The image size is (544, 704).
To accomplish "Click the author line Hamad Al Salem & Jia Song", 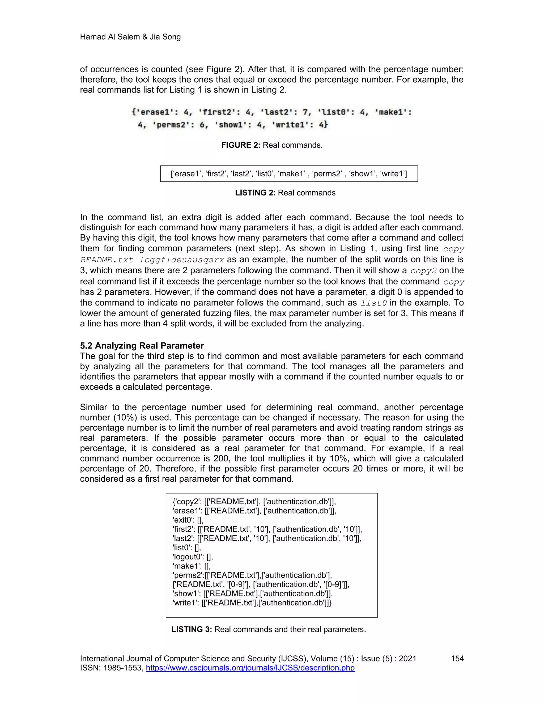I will click(130, 37).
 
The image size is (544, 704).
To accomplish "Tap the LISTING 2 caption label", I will click(255, 193).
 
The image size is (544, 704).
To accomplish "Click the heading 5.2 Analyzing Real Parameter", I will click(142, 346).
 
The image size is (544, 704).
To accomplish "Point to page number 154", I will click(457, 659).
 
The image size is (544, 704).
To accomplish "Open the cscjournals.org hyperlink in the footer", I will click(250, 668).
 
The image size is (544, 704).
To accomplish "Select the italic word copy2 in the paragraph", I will click(423, 271).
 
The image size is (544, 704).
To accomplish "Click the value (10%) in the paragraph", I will click(125, 417).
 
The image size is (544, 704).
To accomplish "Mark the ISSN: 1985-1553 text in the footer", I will click(112, 668).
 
